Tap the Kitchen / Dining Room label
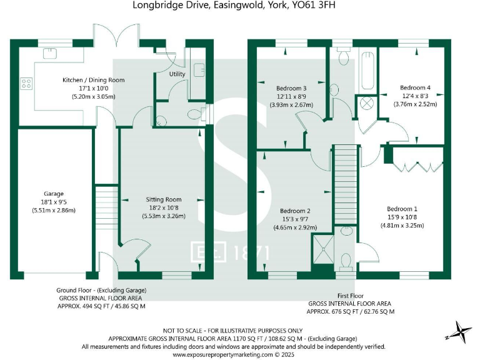93,80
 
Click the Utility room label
177,74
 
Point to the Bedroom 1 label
402,209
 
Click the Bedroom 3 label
291,88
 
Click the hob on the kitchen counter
26,83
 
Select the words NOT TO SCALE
184,330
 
